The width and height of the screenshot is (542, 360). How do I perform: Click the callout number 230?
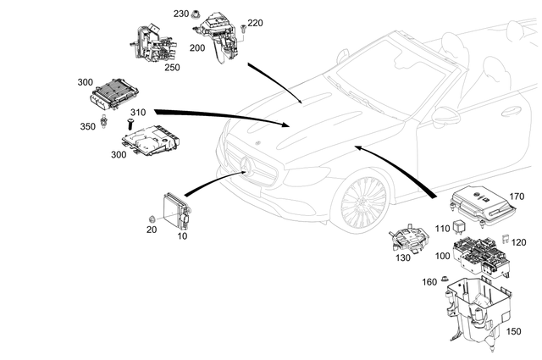coord(180,14)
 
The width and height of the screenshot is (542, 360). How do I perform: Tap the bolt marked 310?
coord(131,124)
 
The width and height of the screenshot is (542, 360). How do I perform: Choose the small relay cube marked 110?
coord(457,227)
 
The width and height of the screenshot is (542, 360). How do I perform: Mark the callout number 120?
coord(519,241)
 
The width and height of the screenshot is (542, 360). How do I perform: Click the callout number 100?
coord(440,255)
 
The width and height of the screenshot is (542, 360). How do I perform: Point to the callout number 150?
coord(514,332)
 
